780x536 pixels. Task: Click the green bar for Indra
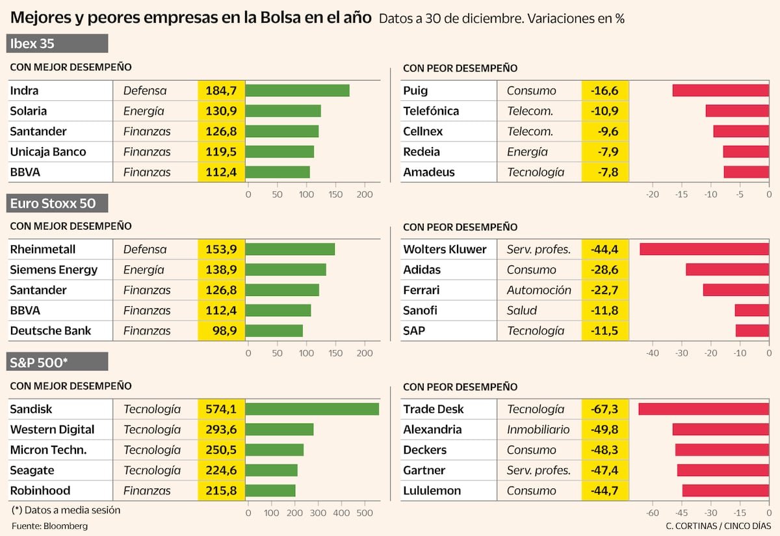point(298,90)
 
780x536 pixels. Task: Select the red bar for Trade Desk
point(703,409)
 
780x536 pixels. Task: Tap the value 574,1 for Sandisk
point(221,409)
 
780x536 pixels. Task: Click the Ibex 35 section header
point(58,44)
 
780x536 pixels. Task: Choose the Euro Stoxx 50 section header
point(58,203)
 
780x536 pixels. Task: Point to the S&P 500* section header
point(58,362)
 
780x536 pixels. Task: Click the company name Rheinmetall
point(43,249)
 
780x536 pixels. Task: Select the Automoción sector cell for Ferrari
point(539,290)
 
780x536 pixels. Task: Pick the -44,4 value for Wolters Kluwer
point(604,249)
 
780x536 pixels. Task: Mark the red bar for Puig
point(720,90)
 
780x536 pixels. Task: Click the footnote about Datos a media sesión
point(66,510)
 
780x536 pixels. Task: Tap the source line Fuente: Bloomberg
point(49,526)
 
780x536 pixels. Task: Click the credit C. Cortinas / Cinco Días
point(718,526)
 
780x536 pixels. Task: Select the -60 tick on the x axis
point(653,513)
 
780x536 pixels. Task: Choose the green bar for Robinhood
point(270,490)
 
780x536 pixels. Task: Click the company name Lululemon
point(432,490)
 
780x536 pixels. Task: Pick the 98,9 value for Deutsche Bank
point(221,330)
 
